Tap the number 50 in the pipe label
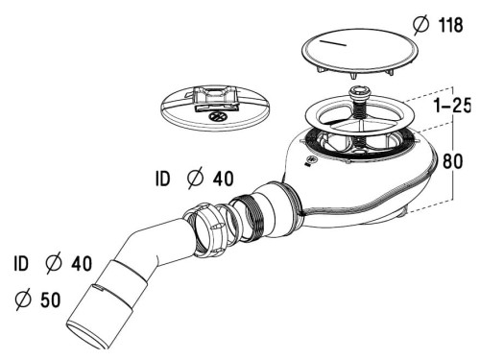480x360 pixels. click(50, 300)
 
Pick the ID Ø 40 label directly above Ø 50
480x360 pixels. click(54, 262)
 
